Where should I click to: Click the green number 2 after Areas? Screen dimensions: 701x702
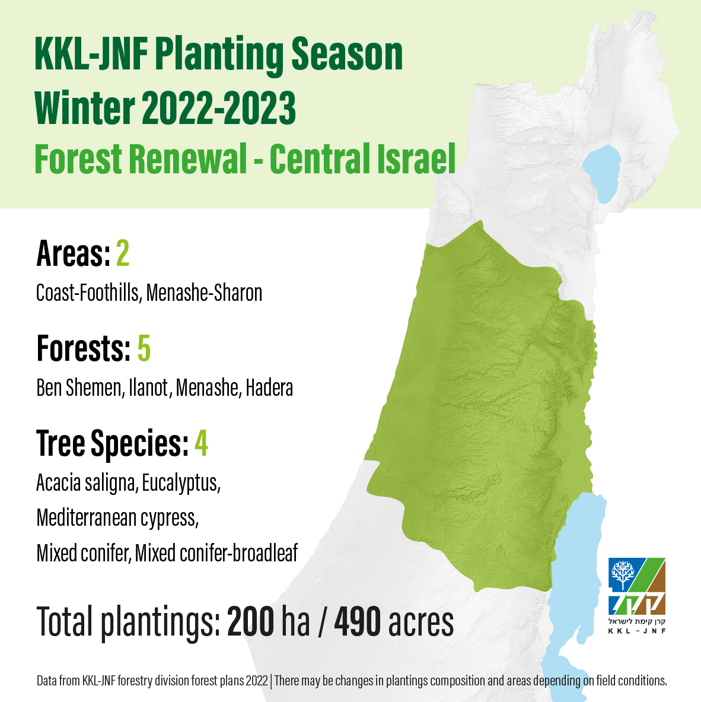click(123, 253)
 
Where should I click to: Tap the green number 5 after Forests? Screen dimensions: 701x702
click(144, 348)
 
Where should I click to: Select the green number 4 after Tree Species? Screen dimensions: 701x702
click(201, 443)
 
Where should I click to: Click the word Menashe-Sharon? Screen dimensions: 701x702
click(204, 293)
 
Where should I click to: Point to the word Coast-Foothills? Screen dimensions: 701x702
click(88, 293)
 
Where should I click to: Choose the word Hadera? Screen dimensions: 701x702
click(269, 387)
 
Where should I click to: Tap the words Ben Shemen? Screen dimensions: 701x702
click(79, 387)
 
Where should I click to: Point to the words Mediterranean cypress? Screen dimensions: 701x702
click(117, 519)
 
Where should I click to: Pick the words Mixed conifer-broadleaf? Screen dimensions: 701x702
click(216, 554)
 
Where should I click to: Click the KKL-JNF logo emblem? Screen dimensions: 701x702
click(637, 586)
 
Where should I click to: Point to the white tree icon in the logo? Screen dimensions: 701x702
click(623, 573)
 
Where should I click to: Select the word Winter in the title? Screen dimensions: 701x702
click(85, 108)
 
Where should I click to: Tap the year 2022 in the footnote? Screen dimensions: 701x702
click(257, 681)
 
